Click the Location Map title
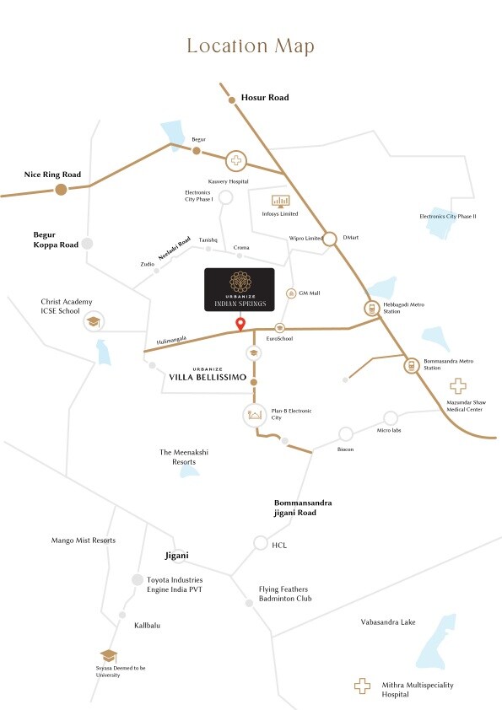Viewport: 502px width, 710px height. click(x=251, y=46)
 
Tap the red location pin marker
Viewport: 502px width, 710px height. click(x=240, y=325)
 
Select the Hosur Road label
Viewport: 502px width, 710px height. click(x=265, y=98)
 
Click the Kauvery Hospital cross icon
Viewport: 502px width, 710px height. click(x=236, y=160)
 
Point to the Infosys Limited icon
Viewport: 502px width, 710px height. click(x=280, y=201)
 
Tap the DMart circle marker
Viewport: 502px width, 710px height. click(x=329, y=238)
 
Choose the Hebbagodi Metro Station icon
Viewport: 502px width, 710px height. click(x=371, y=309)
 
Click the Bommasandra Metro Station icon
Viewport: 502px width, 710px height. click(x=411, y=366)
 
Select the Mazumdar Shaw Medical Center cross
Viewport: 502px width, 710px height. click(x=457, y=386)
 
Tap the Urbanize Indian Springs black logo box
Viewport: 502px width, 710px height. click(x=240, y=291)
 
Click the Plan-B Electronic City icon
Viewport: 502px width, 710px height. click(x=254, y=415)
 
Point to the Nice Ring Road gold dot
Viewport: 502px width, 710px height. click(x=61, y=189)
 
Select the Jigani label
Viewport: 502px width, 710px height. click(x=175, y=557)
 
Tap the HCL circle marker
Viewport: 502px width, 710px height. click(x=260, y=543)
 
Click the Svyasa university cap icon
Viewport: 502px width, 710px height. click(x=108, y=656)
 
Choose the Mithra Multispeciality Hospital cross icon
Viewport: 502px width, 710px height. click(x=362, y=686)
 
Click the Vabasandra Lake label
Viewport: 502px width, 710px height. click(x=384, y=622)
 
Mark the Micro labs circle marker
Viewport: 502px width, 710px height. click(x=390, y=417)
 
